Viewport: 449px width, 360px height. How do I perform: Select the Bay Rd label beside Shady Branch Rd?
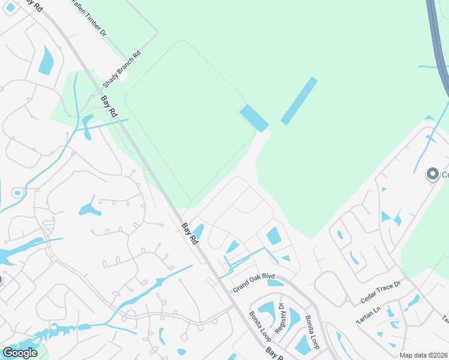pyautogui.click(x=108, y=107)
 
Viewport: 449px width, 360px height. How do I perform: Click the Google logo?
pyautogui.click(x=20, y=353)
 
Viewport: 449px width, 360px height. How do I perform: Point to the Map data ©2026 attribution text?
pyautogui.click(x=423, y=355)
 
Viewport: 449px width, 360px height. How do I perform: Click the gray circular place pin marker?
pyautogui.click(x=432, y=175)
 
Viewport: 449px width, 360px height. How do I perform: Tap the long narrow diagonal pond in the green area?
pyautogui.click(x=299, y=101)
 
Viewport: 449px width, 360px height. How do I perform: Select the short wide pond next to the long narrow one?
pyautogui.click(x=255, y=118)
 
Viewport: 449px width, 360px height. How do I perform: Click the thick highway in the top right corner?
pyautogui.click(x=438, y=42)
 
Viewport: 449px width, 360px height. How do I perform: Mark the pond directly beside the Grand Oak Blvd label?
pyautogui.click(x=276, y=283)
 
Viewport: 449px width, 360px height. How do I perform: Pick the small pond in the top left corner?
pyautogui.click(x=10, y=7)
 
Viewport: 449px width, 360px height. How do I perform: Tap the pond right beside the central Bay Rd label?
pyautogui.click(x=199, y=230)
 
